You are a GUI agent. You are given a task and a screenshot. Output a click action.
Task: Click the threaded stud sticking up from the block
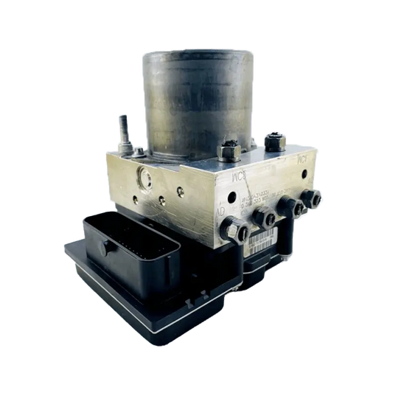tap(120, 132)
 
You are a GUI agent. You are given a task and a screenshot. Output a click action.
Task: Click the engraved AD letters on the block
tap(220, 213)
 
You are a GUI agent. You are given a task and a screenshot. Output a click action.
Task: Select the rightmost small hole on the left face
tap(180, 192)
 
